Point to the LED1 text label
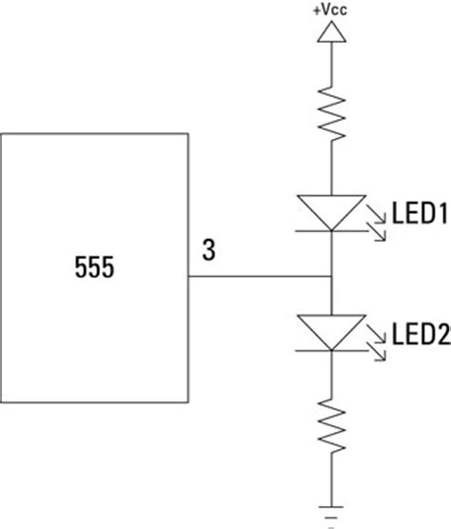[x=420, y=216]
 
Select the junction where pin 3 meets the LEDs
[x=329, y=279]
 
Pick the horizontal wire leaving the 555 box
[x=257, y=279]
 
